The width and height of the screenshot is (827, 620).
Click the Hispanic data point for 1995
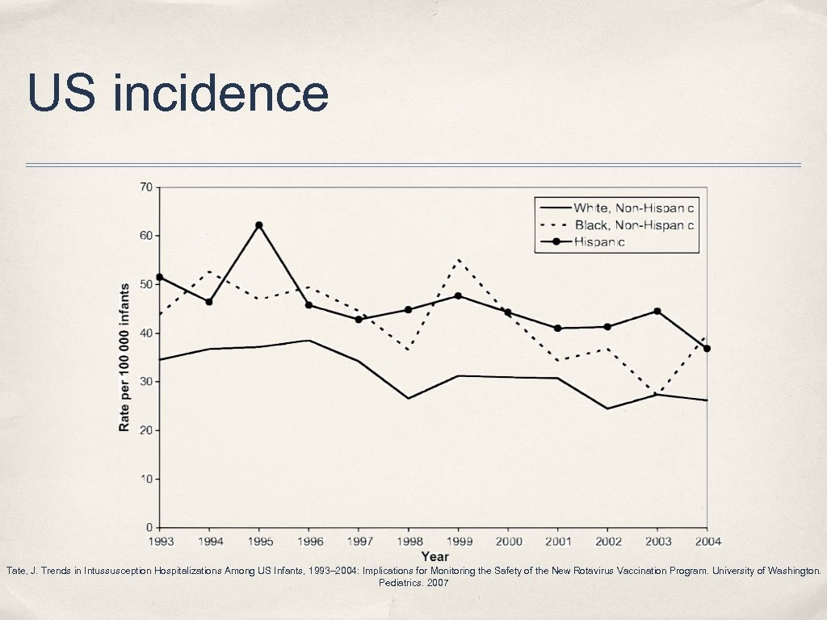pyautogui.click(x=259, y=225)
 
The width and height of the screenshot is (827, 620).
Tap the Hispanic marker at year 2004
pyautogui.click(x=707, y=349)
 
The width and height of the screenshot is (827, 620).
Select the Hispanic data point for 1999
pyautogui.click(x=459, y=295)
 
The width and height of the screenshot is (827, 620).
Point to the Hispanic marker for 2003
pyautogui.click(x=657, y=312)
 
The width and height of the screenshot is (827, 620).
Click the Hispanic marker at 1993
pyautogui.click(x=160, y=277)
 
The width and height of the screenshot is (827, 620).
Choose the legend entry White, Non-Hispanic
pyautogui.click(x=633, y=208)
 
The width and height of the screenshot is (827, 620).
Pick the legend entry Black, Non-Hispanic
pyautogui.click(x=633, y=224)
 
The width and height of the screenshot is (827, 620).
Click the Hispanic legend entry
pyautogui.click(x=599, y=241)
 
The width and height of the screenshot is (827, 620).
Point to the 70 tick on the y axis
pyautogui.click(x=146, y=187)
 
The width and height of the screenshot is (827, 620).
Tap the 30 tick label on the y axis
pyautogui.click(x=146, y=382)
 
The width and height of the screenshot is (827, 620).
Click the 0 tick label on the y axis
pyautogui.click(x=149, y=528)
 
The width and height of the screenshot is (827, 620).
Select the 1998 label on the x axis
pyautogui.click(x=409, y=542)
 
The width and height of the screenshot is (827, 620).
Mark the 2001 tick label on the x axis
pyautogui.click(x=558, y=542)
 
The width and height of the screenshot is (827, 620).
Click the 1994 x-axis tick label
pyautogui.click(x=209, y=542)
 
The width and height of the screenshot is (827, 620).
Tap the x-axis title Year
pyautogui.click(x=434, y=556)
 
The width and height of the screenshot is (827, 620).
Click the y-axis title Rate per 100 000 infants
pyautogui.click(x=124, y=357)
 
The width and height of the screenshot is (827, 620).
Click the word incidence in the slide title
pyautogui.click(x=220, y=93)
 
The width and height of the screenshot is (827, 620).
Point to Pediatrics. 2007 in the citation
pyautogui.click(x=413, y=583)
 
